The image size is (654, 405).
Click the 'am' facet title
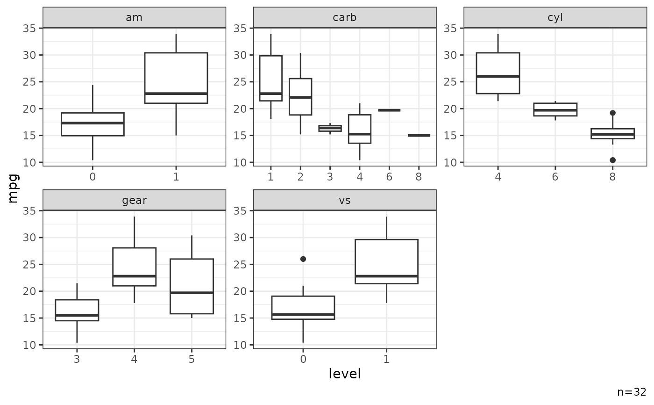click(134, 18)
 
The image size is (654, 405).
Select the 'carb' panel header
click(345, 18)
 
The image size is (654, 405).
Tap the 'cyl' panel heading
click(555, 18)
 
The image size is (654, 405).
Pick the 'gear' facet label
click(134, 200)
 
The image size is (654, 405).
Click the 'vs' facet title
click(345, 200)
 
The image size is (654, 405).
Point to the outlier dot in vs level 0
click(303, 259)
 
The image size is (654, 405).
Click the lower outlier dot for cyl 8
click(612, 160)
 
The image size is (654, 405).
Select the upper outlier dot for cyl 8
click(612, 113)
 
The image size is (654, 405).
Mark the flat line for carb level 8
click(419, 135)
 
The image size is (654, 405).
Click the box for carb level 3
click(330, 128)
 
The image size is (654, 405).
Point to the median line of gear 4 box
click(134, 276)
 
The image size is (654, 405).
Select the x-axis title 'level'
click(345, 374)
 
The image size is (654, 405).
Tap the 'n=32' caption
click(632, 392)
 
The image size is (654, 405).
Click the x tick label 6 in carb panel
click(389, 176)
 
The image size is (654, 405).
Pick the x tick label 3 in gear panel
click(77, 359)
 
